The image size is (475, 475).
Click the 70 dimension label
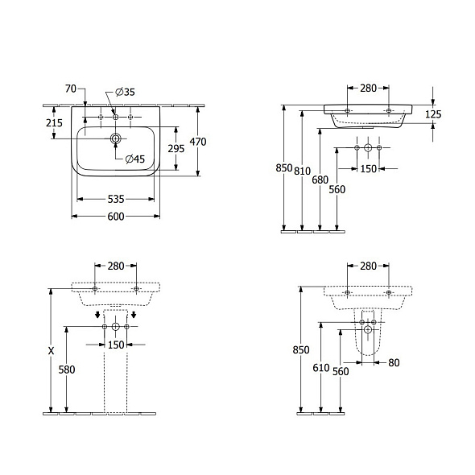[70, 88]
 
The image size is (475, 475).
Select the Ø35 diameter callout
[125, 92]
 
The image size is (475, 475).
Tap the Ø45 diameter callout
[134, 159]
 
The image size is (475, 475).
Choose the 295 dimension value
[176, 149]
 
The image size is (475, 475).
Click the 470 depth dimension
[198, 142]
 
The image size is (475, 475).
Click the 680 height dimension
[320, 180]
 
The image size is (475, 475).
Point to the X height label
[51, 350]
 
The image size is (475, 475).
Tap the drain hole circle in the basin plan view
[116, 139]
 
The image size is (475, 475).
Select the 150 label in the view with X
[116, 345]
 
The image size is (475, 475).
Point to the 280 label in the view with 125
[367, 88]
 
